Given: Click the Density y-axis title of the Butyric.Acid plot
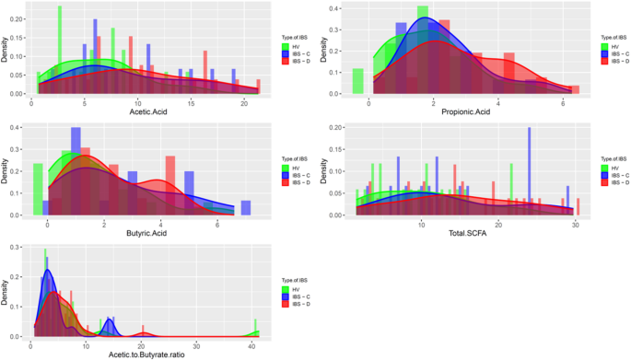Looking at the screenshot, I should [6, 171].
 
